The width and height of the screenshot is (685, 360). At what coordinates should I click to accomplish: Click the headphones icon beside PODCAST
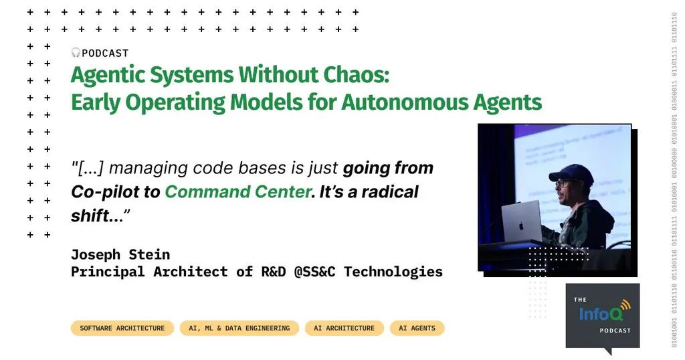click(76, 53)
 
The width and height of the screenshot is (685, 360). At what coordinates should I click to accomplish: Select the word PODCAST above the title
click(105, 53)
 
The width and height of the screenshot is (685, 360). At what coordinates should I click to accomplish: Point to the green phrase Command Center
click(238, 191)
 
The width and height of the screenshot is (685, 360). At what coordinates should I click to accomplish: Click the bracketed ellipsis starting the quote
click(87, 168)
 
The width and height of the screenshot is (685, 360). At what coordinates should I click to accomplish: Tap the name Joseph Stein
click(120, 254)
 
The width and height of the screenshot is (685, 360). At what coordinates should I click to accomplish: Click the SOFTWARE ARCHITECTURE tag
click(122, 328)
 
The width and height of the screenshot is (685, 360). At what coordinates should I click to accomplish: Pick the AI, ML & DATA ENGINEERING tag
click(239, 328)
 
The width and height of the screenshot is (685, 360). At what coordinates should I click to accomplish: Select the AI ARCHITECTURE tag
click(344, 328)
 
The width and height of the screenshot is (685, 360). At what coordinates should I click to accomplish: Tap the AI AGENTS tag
click(417, 328)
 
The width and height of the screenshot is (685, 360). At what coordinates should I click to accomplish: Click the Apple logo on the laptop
click(521, 220)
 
